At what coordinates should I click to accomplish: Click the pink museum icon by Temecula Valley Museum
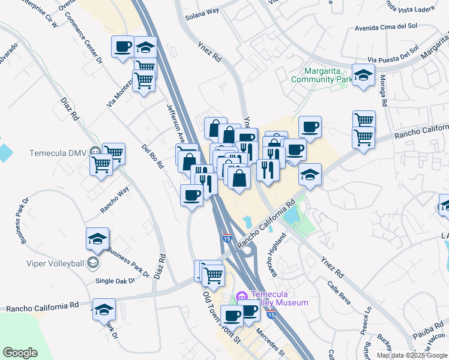(242, 296)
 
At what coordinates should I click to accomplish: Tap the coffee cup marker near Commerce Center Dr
(122, 47)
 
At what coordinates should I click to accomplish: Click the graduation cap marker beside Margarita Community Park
(363, 76)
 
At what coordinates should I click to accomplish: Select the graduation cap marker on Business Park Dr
(97, 239)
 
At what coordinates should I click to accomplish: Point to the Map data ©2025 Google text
(412, 355)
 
